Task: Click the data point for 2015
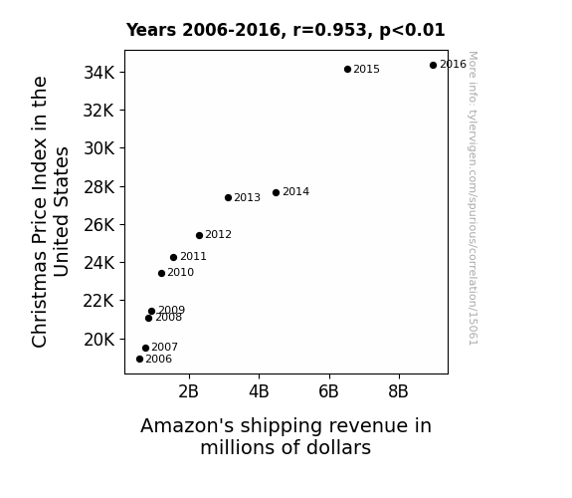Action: click(347, 69)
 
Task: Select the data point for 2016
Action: click(433, 65)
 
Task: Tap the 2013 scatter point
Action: click(228, 197)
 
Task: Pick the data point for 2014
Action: click(276, 192)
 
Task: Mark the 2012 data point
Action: click(199, 235)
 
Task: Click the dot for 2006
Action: click(139, 360)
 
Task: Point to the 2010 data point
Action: click(161, 273)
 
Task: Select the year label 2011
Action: click(193, 257)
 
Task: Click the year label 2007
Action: click(164, 347)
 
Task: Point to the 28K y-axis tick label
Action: click(99, 187)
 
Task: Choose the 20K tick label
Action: click(99, 340)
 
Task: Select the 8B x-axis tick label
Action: click(398, 391)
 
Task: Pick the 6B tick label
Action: click(328, 391)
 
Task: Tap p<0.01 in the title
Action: click(412, 31)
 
